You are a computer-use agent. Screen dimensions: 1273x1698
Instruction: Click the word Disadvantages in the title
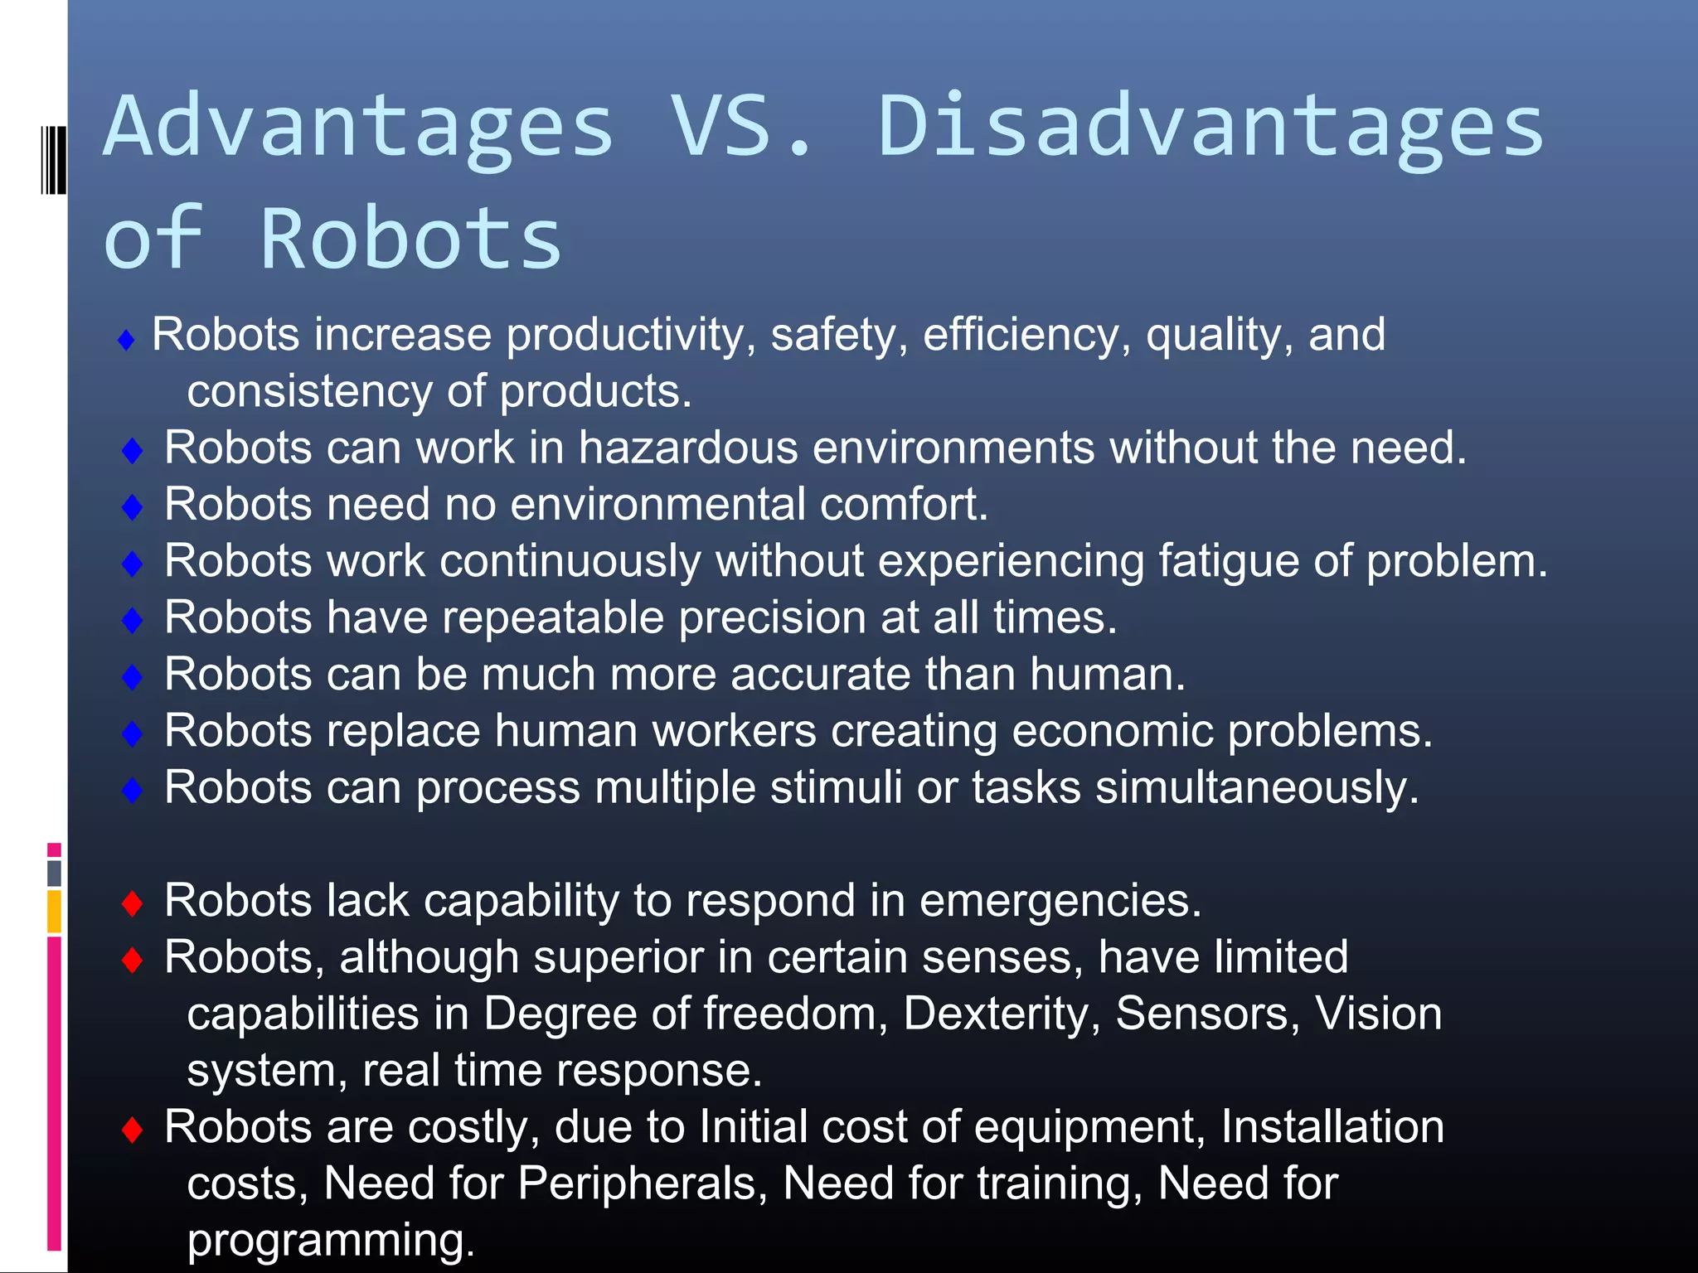pyautogui.click(x=1210, y=126)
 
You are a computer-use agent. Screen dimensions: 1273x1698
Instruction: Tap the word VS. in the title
pyautogui.click(x=742, y=126)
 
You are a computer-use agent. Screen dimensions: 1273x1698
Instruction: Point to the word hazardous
pyautogui.click(x=687, y=448)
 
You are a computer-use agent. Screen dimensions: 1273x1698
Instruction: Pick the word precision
pyautogui.click(x=772, y=618)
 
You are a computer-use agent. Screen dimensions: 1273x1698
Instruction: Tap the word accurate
pyautogui.click(x=820, y=675)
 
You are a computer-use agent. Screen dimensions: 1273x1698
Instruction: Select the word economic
pyautogui.click(x=1112, y=731)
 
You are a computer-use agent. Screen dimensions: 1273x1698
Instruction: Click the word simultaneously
pyautogui.click(x=1257, y=788)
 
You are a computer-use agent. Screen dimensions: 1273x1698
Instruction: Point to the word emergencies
pyautogui.click(x=1060, y=901)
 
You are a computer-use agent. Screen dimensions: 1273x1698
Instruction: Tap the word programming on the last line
pyautogui.click(x=331, y=1241)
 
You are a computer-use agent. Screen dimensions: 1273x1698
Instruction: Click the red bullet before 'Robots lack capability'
pyautogui.click(x=132, y=903)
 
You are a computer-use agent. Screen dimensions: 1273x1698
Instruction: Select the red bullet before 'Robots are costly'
pyautogui.click(x=132, y=1129)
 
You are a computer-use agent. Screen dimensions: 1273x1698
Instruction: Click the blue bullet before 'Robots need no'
pyautogui.click(x=132, y=506)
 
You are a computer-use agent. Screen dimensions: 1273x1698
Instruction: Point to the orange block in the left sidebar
pyautogui.click(x=54, y=911)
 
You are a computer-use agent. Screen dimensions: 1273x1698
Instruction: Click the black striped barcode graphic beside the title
pyautogui.click(x=53, y=159)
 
